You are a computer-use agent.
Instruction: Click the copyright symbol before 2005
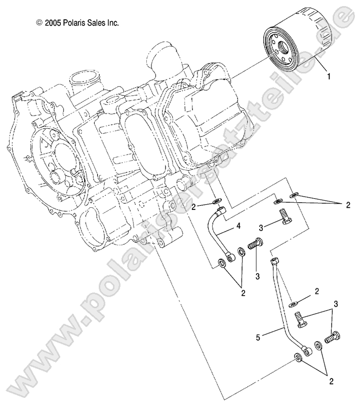pyautogui.click(x=39, y=23)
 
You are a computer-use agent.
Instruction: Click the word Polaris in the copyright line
pyautogui.click(x=76, y=23)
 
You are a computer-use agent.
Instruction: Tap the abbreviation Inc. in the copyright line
pyautogui.click(x=115, y=23)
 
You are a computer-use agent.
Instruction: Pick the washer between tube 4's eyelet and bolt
pyautogui.click(x=242, y=253)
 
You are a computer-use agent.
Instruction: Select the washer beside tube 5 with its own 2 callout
pyautogui.click(x=293, y=304)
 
